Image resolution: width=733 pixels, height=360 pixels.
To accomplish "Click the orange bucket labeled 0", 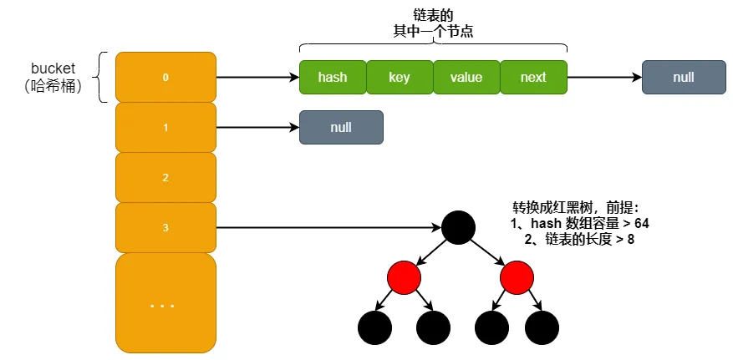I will click(165, 77).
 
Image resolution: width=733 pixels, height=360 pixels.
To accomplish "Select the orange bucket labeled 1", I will click(165, 127).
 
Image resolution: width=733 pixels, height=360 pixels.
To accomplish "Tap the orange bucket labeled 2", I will click(165, 177).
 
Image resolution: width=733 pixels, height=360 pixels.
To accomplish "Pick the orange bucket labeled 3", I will click(165, 227).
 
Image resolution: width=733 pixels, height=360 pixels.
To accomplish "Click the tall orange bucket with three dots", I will click(165, 302).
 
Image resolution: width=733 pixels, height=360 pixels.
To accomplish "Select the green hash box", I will click(333, 77).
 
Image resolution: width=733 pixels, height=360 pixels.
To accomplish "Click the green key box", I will click(400, 77).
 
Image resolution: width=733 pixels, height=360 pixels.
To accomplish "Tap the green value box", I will click(466, 77).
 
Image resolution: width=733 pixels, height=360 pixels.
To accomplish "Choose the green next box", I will click(533, 77).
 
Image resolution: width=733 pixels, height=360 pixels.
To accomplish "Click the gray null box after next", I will click(683, 77).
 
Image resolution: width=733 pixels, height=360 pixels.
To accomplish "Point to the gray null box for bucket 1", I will click(341, 127).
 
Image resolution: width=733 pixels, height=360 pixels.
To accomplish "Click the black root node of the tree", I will click(458, 227).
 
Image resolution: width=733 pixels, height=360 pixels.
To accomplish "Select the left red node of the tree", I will click(404, 276).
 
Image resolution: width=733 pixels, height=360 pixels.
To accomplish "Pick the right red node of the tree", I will click(516, 276).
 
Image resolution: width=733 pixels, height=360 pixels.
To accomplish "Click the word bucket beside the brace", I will click(53, 68).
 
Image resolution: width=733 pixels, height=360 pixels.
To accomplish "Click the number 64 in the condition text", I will click(640, 224).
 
